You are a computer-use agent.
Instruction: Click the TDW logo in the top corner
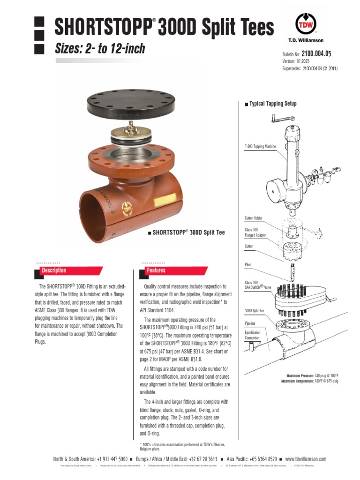click(305, 23)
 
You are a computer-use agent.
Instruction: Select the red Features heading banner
click(173, 270)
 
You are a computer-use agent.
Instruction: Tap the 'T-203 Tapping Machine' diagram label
click(260, 147)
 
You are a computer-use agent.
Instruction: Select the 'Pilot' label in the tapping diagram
click(248, 265)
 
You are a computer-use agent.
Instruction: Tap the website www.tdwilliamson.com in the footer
click(306, 459)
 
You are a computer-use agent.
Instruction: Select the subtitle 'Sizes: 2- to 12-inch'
click(100, 48)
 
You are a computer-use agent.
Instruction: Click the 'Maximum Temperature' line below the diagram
click(310, 382)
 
